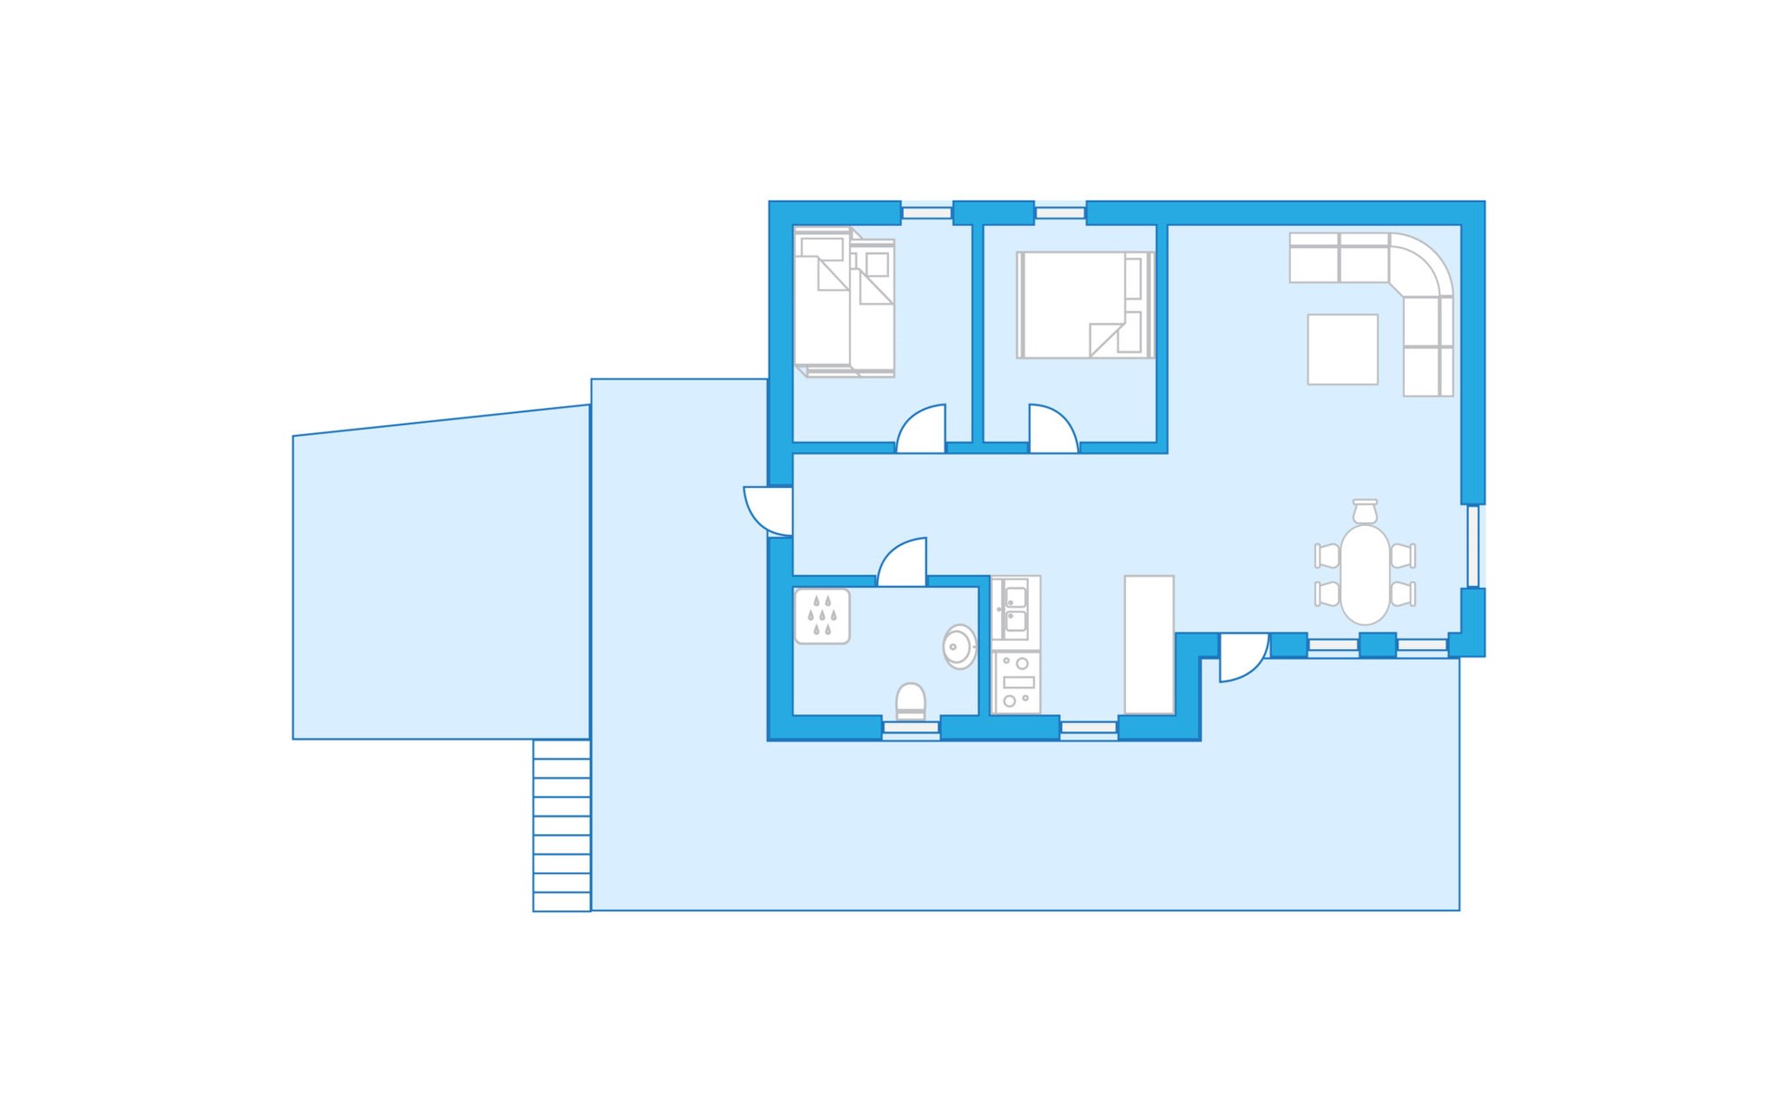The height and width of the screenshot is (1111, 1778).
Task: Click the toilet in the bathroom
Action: click(910, 701)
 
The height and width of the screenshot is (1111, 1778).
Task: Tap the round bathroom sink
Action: click(959, 646)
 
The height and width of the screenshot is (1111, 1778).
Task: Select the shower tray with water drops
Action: click(822, 617)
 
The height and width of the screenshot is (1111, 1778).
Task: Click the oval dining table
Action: click(1365, 575)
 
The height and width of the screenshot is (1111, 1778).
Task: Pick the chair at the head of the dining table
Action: click(1365, 511)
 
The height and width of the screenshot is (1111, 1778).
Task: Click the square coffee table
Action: click(1342, 349)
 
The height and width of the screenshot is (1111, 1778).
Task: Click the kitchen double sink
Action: click(1015, 608)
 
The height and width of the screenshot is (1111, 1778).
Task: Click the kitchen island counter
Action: click(1149, 644)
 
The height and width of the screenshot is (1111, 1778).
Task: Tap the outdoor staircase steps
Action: click(562, 825)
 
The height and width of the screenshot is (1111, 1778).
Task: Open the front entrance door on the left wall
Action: click(769, 511)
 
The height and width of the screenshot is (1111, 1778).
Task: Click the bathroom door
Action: click(902, 563)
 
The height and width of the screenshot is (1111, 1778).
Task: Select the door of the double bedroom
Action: click(1053, 430)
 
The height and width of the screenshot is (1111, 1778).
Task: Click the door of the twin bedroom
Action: click(921, 430)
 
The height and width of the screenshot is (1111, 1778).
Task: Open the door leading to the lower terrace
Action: click(1243, 656)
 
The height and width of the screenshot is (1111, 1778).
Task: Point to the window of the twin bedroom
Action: click(927, 213)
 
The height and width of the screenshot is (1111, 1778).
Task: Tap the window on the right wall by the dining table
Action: click(1472, 546)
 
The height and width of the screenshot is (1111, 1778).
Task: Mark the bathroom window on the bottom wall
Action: click(910, 730)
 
